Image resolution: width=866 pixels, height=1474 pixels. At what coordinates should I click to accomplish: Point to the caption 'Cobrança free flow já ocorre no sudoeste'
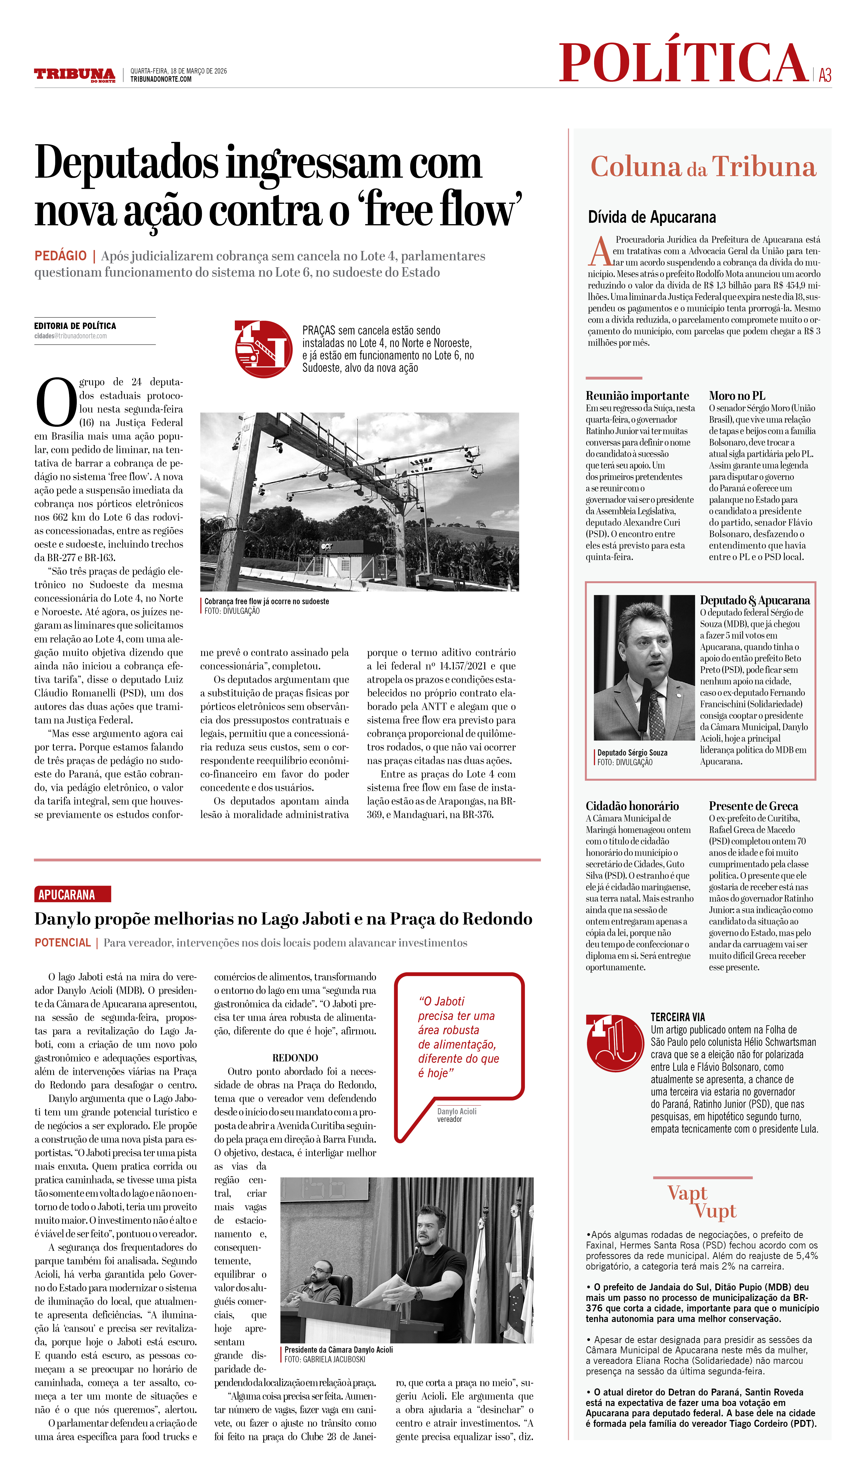(x=266, y=601)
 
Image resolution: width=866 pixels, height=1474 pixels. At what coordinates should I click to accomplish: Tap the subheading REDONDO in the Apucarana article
(x=295, y=1058)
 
